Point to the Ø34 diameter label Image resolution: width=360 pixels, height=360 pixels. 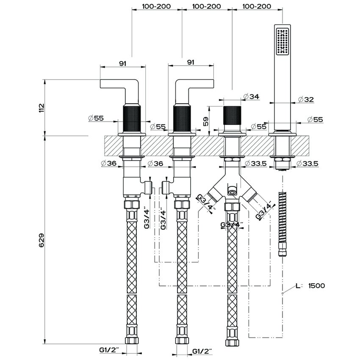(x=252, y=97)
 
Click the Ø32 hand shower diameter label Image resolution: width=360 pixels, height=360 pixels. (x=306, y=100)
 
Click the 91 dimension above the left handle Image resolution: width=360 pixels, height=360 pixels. (x=122, y=63)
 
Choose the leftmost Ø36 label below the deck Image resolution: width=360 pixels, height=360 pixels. (x=109, y=163)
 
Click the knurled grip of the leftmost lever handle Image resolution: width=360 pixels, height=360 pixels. (x=131, y=119)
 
